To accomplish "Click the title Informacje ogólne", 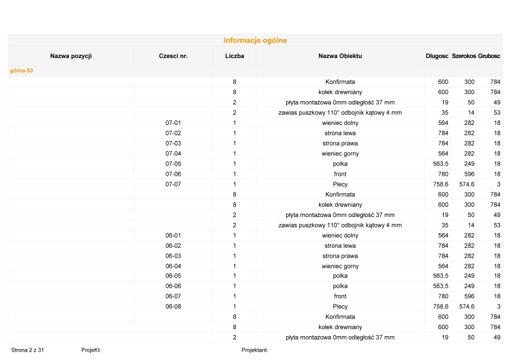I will (255, 41).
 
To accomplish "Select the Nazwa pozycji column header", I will (71, 56).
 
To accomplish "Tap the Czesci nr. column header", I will (173, 56).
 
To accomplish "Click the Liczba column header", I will (235, 56).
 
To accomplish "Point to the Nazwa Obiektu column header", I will (340, 56).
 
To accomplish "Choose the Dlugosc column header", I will (437, 56).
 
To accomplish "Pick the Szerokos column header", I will (464, 56).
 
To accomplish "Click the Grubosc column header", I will (490, 56).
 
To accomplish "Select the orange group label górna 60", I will (21, 70).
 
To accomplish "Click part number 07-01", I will (173, 122).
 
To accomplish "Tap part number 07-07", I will (173, 184).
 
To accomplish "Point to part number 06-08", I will (173, 307).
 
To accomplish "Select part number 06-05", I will (173, 276).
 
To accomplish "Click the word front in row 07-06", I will (340, 174).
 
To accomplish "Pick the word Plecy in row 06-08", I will (340, 307).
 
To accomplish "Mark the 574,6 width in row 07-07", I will (466, 184).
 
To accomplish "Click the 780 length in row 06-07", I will (443, 296).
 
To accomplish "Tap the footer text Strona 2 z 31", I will (27, 350).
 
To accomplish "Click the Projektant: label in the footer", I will (255, 350).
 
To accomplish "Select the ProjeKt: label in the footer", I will (92, 350).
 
